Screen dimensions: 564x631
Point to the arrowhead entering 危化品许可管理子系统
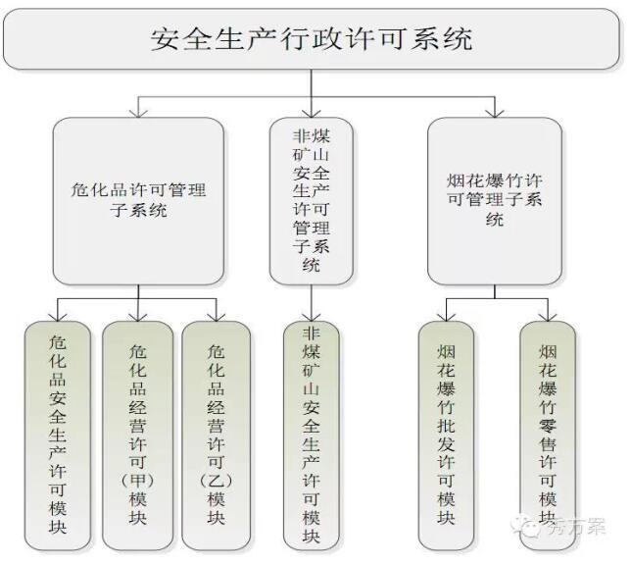coord(138,111)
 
